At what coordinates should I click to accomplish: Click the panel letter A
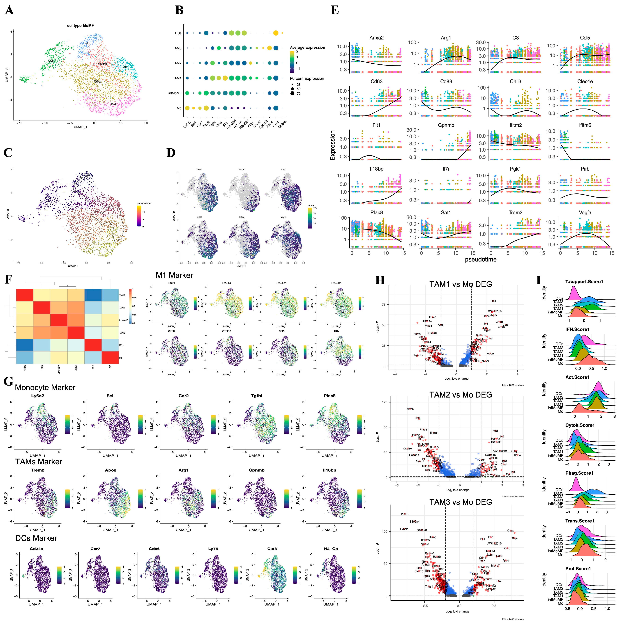click(x=9, y=10)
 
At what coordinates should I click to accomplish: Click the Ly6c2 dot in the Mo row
click(x=187, y=108)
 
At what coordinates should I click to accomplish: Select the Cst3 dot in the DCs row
click(x=276, y=33)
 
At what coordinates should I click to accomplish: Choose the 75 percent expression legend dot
click(x=292, y=93)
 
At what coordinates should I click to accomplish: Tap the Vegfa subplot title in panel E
click(x=585, y=213)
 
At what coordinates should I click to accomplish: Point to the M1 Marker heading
click(x=174, y=275)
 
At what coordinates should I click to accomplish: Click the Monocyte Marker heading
click(x=45, y=388)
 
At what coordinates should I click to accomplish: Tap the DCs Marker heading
click(x=36, y=538)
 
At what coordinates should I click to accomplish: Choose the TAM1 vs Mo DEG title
click(x=461, y=284)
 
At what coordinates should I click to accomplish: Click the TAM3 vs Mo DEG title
click(x=461, y=502)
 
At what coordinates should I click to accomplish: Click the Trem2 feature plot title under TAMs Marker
click(x=38, y=470)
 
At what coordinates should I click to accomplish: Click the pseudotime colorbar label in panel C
click(x=144, y=203)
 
